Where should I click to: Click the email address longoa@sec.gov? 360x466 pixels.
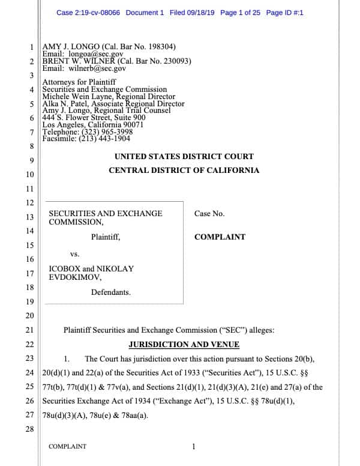93,55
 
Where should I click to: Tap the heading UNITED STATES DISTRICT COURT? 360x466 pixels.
184,157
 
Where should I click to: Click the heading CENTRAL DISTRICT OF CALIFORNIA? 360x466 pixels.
184,171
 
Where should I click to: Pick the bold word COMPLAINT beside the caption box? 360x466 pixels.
220,237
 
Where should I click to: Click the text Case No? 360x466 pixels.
209,214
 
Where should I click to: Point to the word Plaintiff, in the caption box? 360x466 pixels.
106,237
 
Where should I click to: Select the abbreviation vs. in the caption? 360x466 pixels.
75,254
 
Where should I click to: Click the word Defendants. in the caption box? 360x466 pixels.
111,292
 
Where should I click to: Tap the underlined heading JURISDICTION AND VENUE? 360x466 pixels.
184,345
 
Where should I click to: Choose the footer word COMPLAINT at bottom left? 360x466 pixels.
67,447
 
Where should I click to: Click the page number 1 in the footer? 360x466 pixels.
193,447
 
